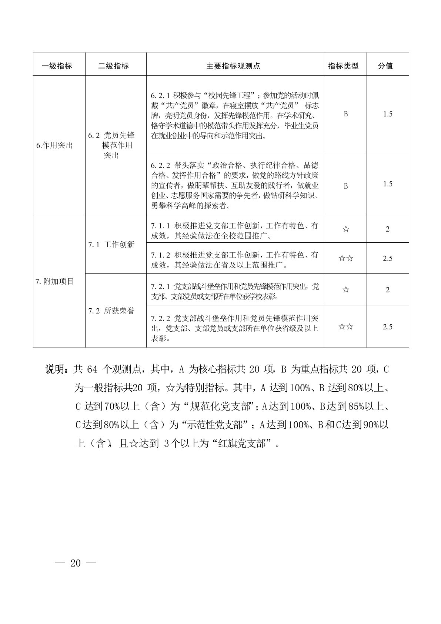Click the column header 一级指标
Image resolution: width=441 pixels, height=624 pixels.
point(57,66)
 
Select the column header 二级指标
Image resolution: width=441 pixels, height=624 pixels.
point(113,66)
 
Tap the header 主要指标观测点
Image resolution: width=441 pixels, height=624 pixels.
point(233,66)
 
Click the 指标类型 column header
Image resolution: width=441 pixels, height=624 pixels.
point(344,66)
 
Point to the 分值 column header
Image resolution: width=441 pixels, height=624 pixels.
point(385,66)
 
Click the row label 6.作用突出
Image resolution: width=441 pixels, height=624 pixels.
point(55,145)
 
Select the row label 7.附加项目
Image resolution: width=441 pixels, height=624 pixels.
point(55,281)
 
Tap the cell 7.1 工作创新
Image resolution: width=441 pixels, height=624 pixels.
point(111,245)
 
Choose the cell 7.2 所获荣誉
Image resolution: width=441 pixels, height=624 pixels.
point(111,311)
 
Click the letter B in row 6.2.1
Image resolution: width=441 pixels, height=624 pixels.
point(346,114)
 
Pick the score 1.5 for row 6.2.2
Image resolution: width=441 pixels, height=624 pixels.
point(388,184)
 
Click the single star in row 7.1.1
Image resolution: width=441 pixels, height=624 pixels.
point(346,229)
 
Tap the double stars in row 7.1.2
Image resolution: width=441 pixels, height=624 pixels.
point(346,258)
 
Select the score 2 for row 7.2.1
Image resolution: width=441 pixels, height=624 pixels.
point(388,290)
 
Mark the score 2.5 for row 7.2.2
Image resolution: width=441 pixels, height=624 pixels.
point(388,326)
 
